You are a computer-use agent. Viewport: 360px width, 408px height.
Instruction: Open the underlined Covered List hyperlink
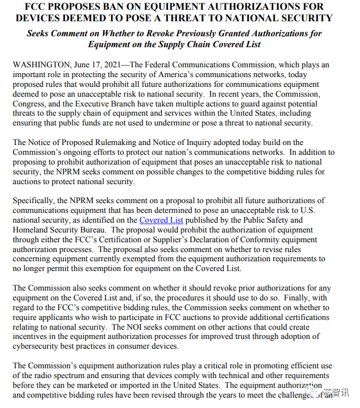[161, 220]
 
